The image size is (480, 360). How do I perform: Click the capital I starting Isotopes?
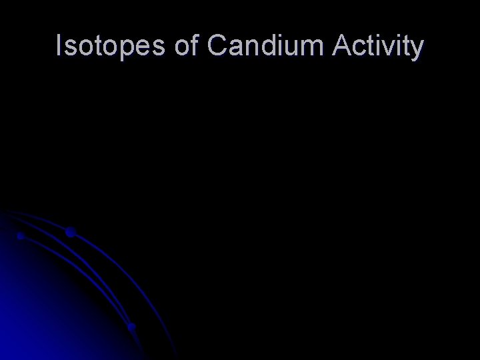click(59, 47)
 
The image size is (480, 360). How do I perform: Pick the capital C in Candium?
click(219, 47)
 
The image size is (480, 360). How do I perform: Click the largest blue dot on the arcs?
click(69, 233)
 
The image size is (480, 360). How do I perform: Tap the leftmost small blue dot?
click(21, 236)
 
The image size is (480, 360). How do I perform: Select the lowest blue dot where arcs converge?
click(132, 327)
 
